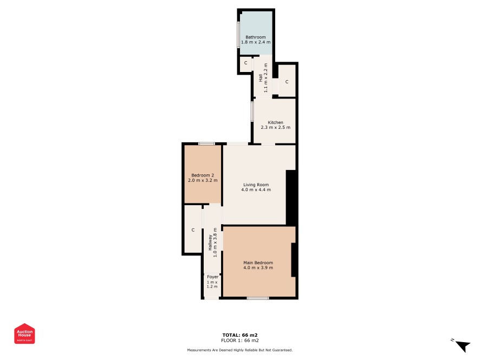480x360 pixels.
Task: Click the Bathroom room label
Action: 256,37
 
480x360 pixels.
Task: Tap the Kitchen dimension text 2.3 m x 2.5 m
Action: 276,127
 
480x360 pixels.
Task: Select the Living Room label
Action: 256,185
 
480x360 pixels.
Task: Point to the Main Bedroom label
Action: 258,263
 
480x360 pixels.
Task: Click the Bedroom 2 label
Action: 203,175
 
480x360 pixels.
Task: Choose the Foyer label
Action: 213,277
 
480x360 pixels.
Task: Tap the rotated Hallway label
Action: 210,243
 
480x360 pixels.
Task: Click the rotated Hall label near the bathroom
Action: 261,78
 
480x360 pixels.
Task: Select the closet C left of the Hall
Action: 245,63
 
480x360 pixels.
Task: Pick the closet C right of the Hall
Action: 287,82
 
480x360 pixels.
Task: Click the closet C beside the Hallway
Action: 193,230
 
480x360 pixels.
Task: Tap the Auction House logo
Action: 24,333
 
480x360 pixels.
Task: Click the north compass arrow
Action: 463,346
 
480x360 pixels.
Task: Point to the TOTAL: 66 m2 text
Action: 240,335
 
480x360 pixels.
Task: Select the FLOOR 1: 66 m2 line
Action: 240,340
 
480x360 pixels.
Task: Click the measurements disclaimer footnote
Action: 240,350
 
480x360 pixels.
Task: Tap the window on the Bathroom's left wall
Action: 238,34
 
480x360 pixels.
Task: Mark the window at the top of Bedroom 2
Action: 206,144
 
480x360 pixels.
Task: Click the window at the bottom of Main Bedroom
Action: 258,298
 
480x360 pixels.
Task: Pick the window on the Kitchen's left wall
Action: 252,112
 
